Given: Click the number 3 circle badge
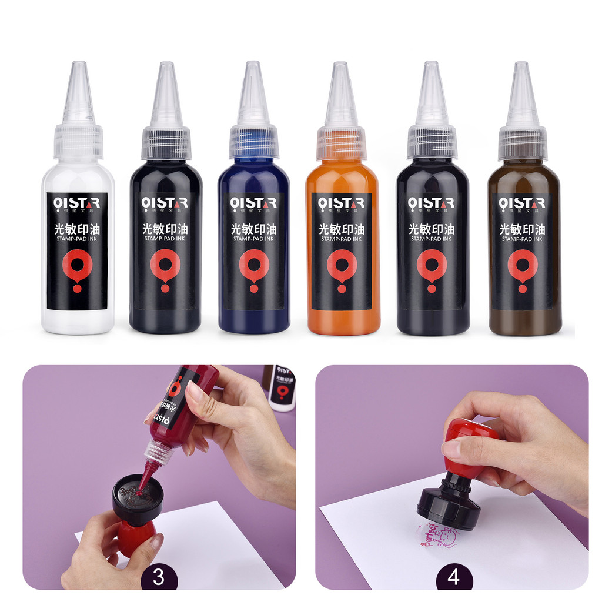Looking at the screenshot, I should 158,577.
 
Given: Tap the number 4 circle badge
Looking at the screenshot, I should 453,577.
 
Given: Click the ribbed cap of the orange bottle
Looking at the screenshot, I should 342,143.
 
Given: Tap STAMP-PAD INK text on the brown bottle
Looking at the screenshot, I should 522,239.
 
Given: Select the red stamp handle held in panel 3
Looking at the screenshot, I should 136,535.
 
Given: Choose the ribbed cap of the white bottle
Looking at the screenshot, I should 78,143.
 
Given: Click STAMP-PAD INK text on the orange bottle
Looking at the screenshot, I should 342,239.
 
